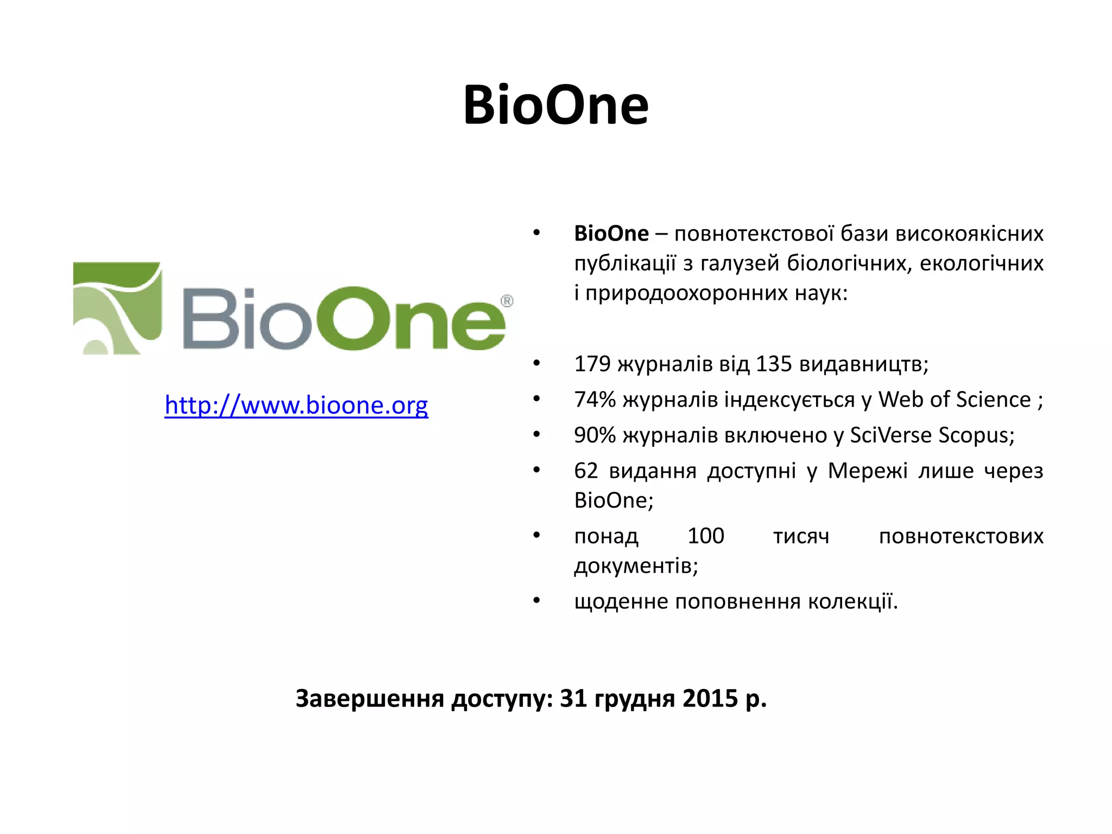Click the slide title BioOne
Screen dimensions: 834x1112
click(x=555, y=105)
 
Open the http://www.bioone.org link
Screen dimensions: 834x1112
click(x=296, y=405)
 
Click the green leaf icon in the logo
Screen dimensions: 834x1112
click(x=117, y=308)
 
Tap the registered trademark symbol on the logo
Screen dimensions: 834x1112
click(x=507, y=301)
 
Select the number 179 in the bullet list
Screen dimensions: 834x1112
click(x=592, y=364)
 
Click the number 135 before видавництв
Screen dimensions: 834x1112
click(x=774, y=364)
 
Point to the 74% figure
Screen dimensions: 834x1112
click(x=595, y=400)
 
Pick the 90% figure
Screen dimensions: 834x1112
click(x=595, y=435)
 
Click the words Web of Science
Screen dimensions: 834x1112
click(x=955, y=400)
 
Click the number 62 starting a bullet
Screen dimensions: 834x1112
click(x=586, y=471)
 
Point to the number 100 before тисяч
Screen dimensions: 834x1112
click(x=706, y=536)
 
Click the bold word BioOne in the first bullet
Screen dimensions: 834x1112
click(x=611, y=233)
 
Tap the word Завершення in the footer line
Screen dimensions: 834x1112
click(x=370, y=699)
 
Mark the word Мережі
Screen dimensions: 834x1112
click(x=867, y=471)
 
